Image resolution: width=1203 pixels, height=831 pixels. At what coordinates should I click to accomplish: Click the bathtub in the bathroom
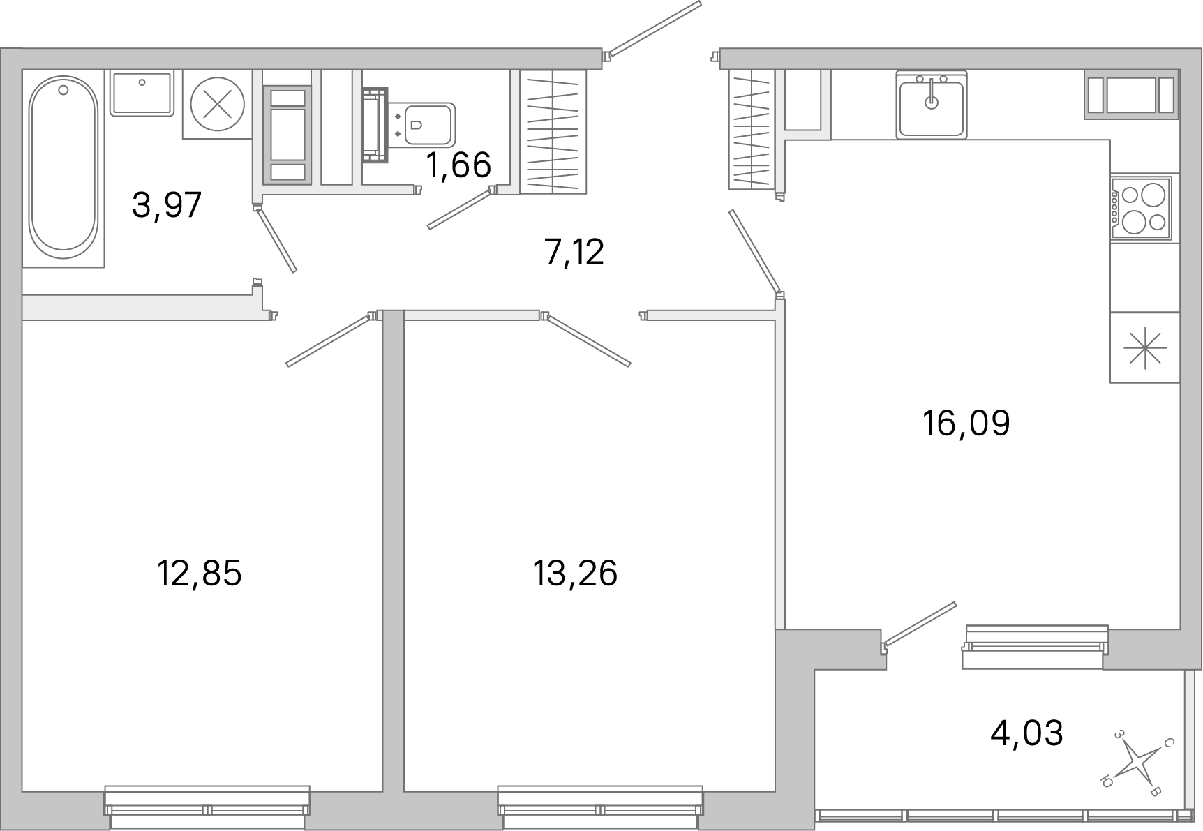pyautogui.click(x=63, y=166)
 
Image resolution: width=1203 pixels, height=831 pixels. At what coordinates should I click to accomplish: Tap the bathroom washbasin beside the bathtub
pyautogui.click(x=142, y=92)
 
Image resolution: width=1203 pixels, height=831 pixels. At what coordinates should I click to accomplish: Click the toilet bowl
pyautogui.click(x=426, y=125)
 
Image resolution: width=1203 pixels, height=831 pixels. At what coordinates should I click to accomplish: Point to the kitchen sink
pyautogui.click(x=932, y=105)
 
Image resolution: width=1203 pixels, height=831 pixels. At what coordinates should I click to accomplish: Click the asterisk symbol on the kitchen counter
pyautogui.click(x=1145, y=347)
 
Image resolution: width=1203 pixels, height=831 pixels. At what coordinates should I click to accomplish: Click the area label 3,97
pyautogui.click(x=167, y=206)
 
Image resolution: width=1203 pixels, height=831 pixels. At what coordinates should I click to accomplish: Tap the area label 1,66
pyautogui.click(x=458, y=165)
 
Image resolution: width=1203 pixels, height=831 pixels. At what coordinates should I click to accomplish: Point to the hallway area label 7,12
pyautogui.click(x=574, y=252)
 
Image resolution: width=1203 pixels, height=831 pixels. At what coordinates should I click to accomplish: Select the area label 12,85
pyautogui.click(x=200, y=574)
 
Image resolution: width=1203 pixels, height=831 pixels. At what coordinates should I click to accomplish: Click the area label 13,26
pyautogui.click(x=576, y=574)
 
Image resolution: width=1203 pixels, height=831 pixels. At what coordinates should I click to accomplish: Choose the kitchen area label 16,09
pyautogui.click(x=966, y=423)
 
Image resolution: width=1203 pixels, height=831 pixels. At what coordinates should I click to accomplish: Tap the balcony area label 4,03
pyautogui.click(x=1026, y=733)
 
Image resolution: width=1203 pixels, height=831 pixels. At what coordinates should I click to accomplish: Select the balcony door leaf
pyautogui.click(x=920, y=622)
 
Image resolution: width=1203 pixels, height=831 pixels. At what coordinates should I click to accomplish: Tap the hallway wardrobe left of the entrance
pyautogui.click(x=552, y=132)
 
